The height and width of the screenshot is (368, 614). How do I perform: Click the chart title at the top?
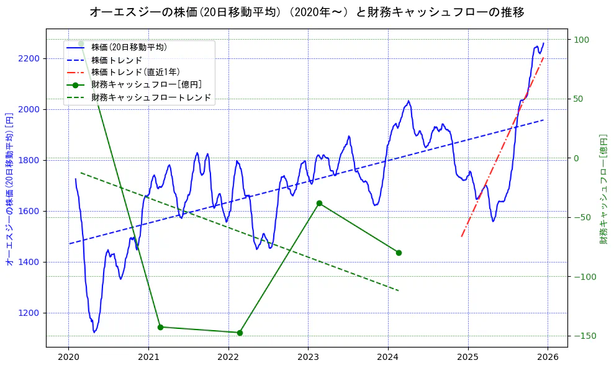(x=307, y=12)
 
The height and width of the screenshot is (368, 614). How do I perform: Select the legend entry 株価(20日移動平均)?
(x=129, y=47)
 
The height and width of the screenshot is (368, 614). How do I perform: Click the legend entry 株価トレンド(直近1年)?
(x=135, y=72)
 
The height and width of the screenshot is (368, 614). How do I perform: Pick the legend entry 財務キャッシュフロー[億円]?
(x=146, y=85)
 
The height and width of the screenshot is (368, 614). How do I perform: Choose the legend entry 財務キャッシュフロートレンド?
(x=151, y=97)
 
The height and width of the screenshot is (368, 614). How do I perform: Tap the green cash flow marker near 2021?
(x=160, y=327)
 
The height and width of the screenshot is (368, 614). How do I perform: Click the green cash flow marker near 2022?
(x=240, y=333)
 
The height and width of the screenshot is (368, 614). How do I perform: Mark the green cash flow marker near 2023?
(x=319, y=203)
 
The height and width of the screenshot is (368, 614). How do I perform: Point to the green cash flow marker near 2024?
(x=399, y=253)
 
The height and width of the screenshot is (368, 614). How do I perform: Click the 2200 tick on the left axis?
(x=29, y=58)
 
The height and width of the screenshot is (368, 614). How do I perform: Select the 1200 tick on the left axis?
(x=29, y=313)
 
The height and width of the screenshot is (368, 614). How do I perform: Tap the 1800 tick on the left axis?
(x=29, y=160)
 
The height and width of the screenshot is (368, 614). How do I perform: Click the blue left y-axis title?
(x=9, y=189)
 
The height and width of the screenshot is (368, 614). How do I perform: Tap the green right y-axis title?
(x=603, y=189)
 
